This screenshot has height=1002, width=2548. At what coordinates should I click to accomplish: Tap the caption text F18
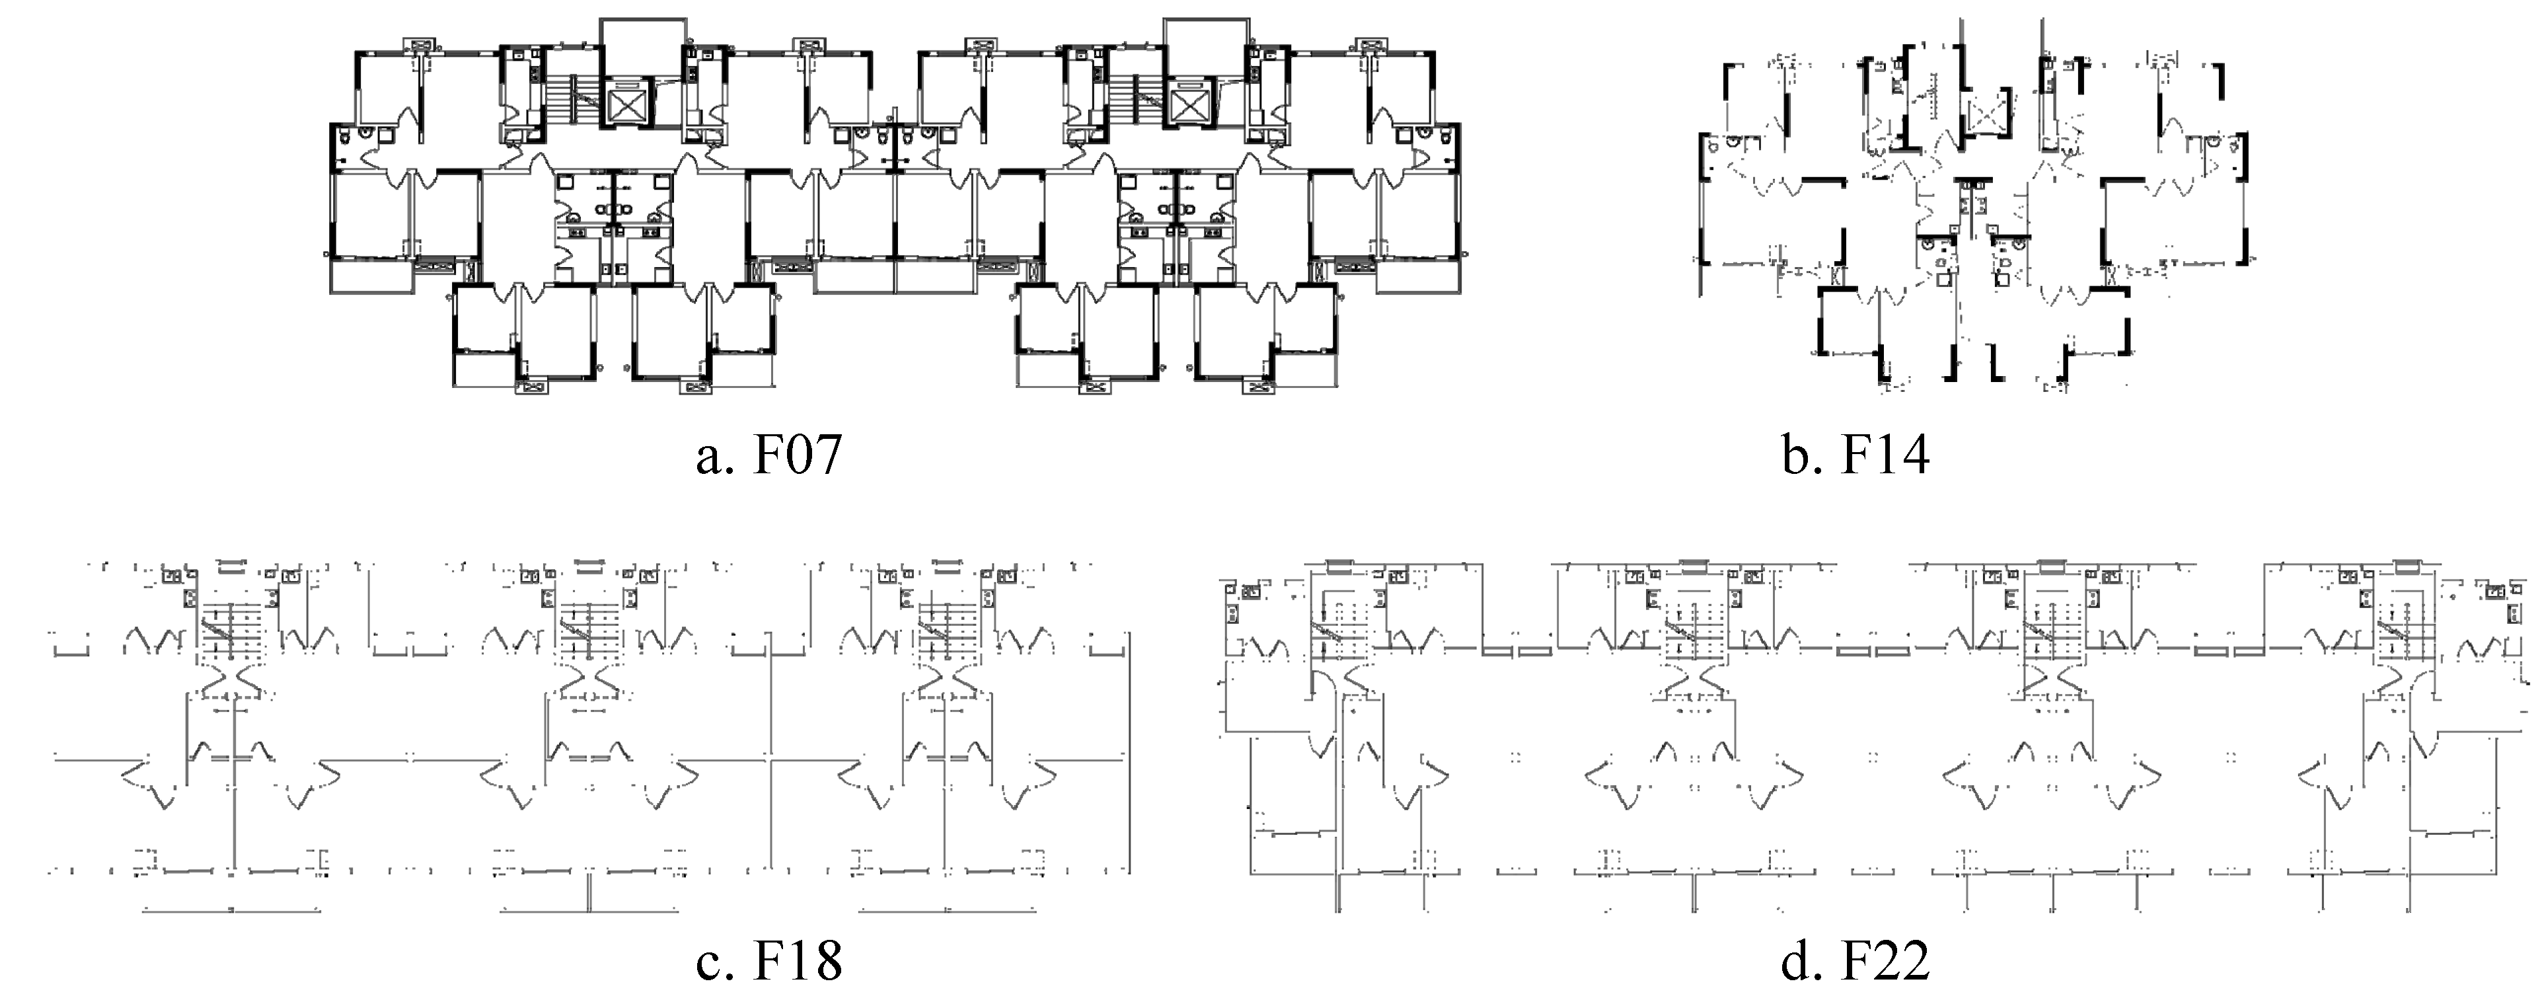(798, 960)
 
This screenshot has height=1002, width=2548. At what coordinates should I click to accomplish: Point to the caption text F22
(1885, 960)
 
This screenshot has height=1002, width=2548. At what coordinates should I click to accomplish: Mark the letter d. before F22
(1800, 960)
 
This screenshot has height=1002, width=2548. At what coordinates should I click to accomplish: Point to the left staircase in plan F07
(571, 99)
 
